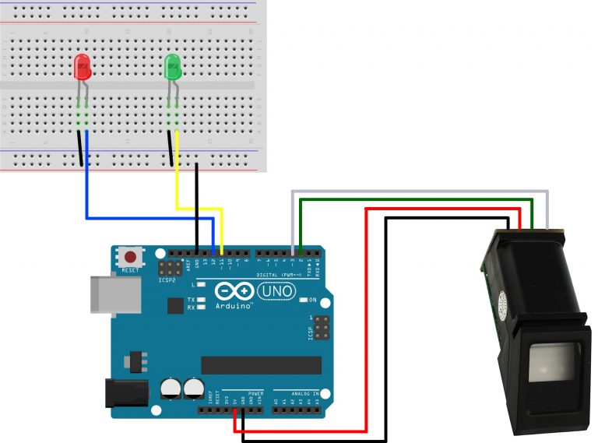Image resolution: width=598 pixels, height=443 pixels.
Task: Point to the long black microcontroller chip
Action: click(x=261, y=365)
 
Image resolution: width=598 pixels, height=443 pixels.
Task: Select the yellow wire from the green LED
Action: click(x=178, y=179)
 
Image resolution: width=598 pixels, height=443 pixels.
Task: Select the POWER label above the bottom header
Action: click(x=255, y=394)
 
